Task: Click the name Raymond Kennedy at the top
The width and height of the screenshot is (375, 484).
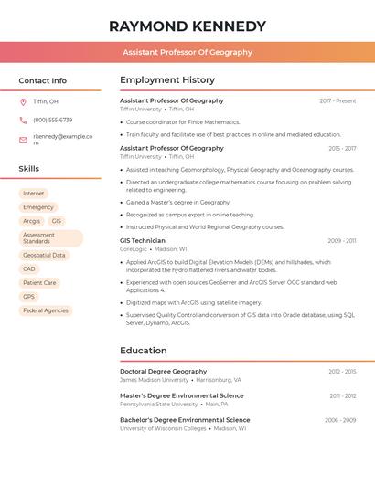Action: coord(187,26)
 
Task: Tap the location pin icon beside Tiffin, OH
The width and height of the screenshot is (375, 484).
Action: coord(23,101)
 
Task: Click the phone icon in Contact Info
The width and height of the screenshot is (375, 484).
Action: coord(23,120)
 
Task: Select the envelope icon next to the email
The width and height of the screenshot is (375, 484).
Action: coord(23,140)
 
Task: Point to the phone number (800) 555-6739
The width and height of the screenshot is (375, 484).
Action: coord(52,120)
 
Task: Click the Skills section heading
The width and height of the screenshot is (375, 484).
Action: coord(29,169)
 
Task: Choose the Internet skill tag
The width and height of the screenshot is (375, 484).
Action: coord(33,194)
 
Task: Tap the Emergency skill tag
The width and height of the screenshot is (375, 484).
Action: coord(38,207)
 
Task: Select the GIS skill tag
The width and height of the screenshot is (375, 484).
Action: coord(57,221)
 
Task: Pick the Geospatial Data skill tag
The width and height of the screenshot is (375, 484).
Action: coord(44,256)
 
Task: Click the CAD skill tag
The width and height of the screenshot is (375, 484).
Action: coord(29,269)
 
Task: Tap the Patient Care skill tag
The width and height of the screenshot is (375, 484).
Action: coord(39,283)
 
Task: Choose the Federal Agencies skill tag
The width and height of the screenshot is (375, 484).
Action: coord(46,310)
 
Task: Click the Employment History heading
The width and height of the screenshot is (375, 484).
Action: coord(167,80)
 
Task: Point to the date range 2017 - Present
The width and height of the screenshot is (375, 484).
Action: coord(337,100)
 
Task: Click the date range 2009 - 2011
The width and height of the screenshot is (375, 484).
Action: coord(342,241)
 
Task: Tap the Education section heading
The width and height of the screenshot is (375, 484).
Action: coord(144,351)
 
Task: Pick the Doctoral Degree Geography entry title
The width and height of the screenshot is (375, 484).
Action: coord(164,372)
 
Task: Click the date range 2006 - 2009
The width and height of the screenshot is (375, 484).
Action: coord(340,420)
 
